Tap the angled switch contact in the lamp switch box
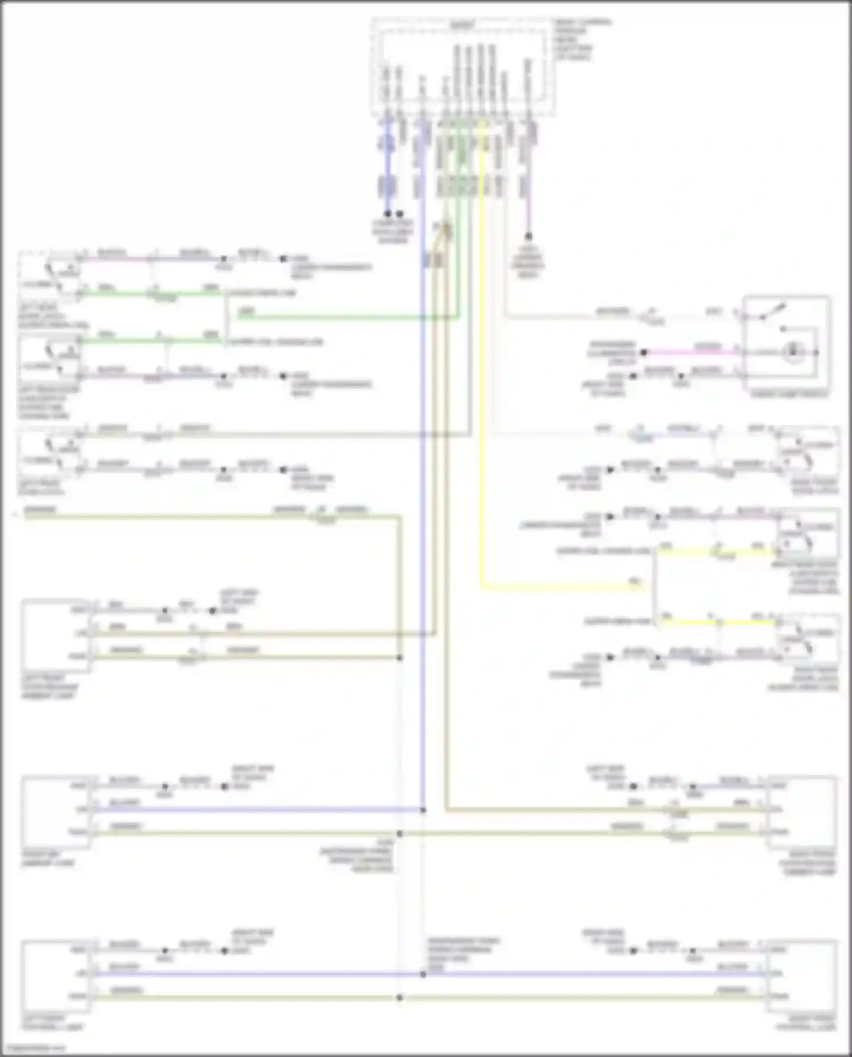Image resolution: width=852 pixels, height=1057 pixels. click(x=776, y=312)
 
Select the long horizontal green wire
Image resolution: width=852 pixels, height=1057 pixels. click(x=346, y=319)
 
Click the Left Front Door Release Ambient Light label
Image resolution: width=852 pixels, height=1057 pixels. click(x=50, y=687)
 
